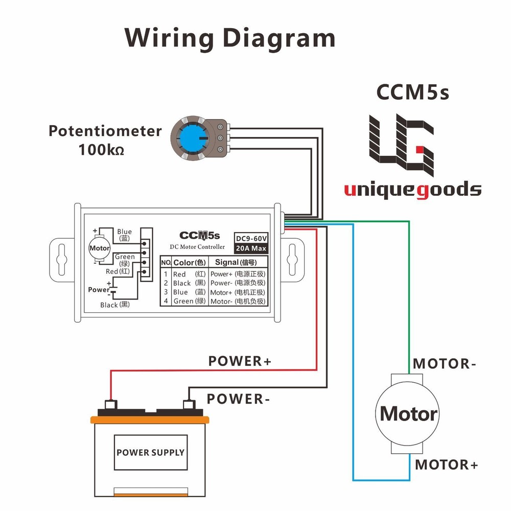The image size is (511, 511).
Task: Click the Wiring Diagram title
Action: click(230, 39)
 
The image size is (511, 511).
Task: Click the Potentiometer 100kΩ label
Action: click(105, 140)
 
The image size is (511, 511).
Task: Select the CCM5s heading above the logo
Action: click(412, 92)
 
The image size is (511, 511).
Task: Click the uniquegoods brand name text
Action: click(412, 190)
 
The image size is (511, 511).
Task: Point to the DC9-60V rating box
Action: click(251, 238)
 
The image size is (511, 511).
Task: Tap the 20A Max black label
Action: click(251, 249)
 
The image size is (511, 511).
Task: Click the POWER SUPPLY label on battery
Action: click(150, 452)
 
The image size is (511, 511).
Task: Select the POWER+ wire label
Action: click(240, 361)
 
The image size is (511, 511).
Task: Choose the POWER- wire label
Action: click(238, 399)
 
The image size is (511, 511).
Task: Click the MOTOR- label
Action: click(445, 364)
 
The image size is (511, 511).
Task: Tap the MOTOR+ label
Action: click(446, 465)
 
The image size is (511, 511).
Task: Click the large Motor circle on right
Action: click(408, 413)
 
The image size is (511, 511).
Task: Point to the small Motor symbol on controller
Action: click(99, 248)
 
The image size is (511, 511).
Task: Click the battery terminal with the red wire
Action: click(109, 404)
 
